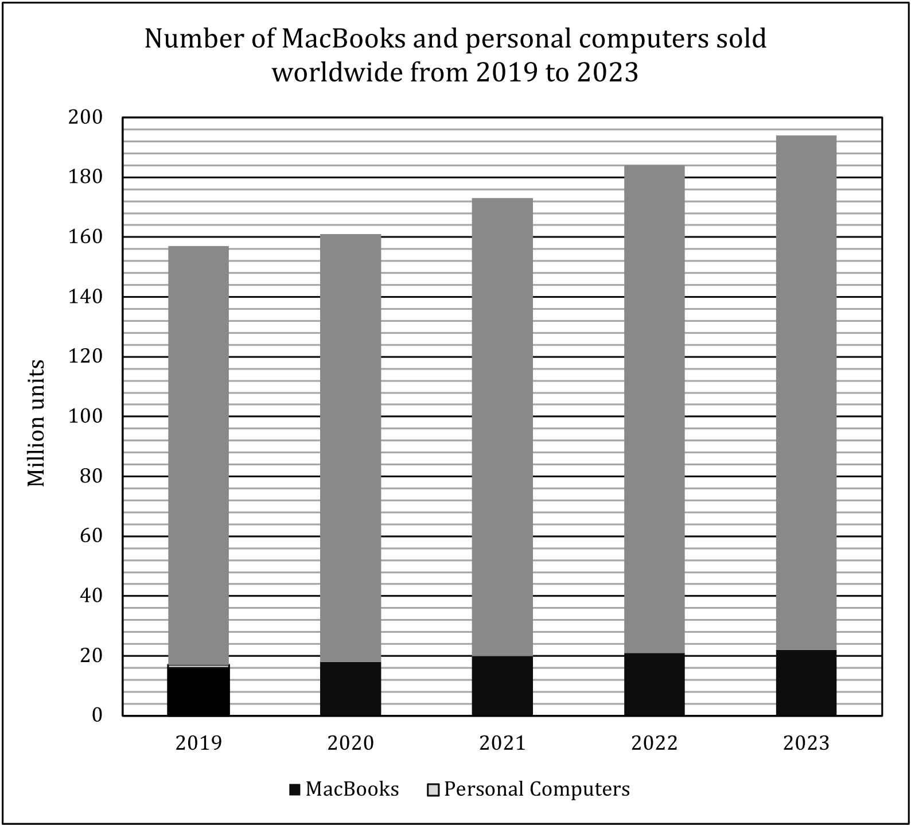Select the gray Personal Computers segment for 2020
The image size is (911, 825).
pos(350,447)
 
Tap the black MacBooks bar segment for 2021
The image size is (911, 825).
pos(502,686)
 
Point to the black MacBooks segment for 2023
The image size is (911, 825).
pos(806,683)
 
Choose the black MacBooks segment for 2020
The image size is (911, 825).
pos(350,688)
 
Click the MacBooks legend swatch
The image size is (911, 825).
pos(295,790)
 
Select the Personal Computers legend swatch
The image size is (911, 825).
pos(434,790)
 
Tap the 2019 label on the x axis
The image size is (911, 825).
pos(198,743)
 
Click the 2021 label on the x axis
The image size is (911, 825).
pos(502,743)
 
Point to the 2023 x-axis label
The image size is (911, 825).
pos(806,743)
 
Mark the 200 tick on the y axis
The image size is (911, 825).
pos(85,118)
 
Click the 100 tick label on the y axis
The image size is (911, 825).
pos(85,417)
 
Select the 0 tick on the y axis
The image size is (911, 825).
pos(97,715)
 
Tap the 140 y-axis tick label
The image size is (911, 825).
pos(85,297)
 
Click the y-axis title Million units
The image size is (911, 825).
pos(36,423)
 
